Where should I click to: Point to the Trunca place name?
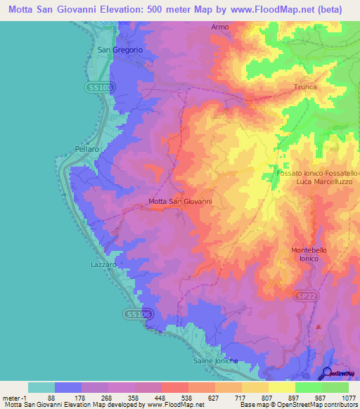click(x=305, y=87)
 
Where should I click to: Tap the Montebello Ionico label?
click(x=304, y=254)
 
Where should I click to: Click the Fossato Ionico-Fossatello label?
click(x=318, y=172)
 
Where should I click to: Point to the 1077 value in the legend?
click(x=346, y=398)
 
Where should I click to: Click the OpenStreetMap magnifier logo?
click(x=326, y=373)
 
